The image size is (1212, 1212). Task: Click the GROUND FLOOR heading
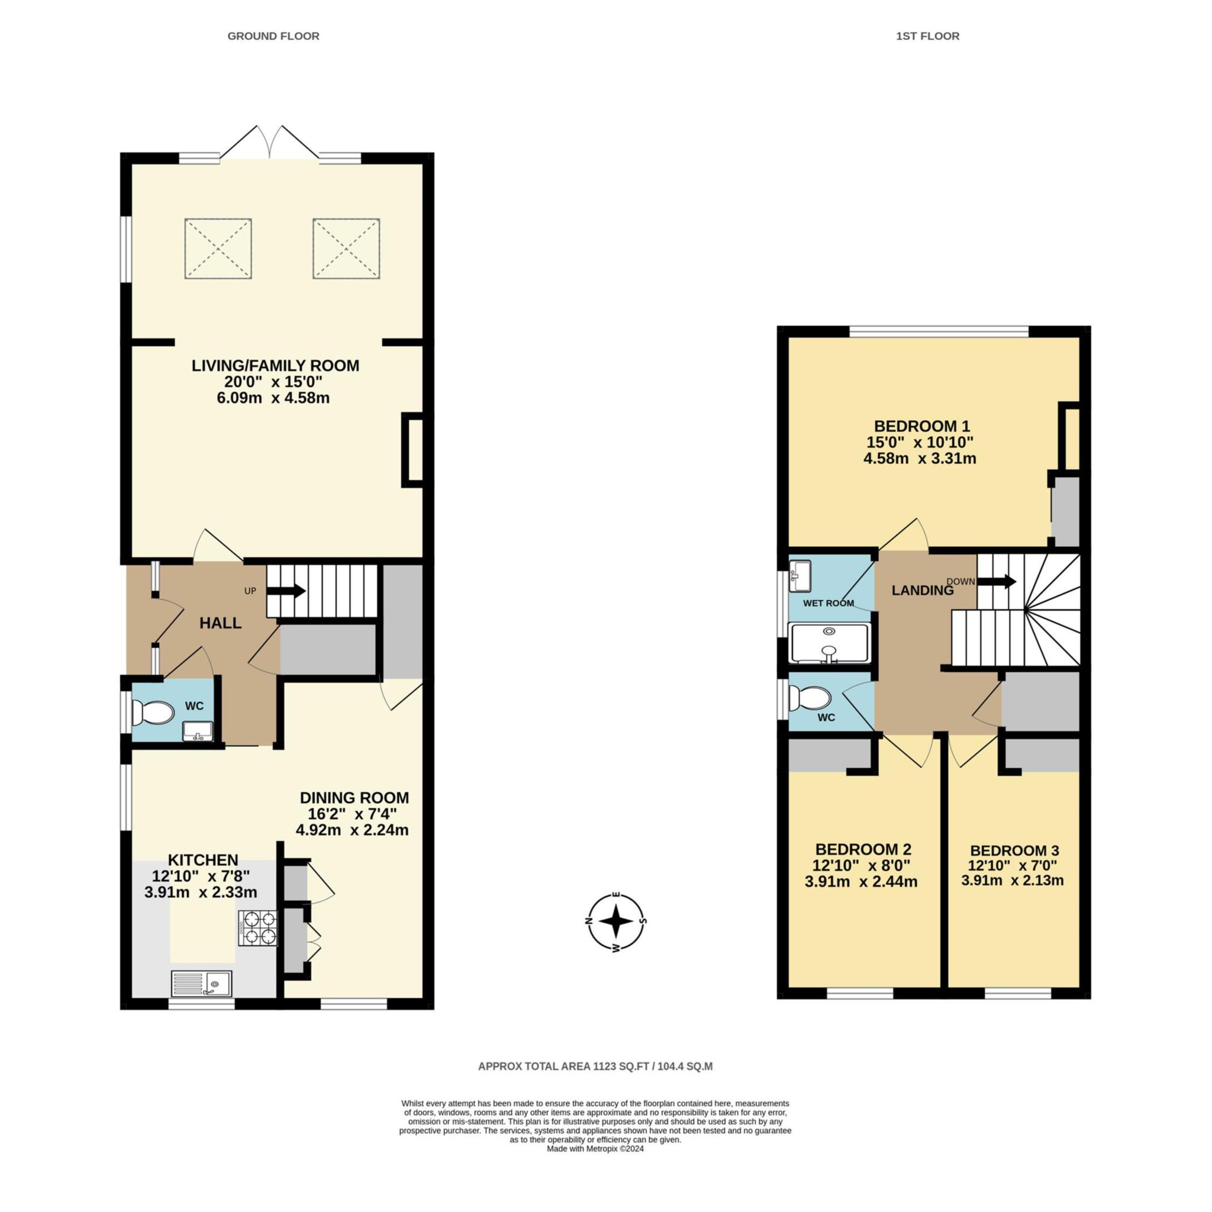[x=273, y=36]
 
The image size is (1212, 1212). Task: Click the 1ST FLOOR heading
[x=927, y=36]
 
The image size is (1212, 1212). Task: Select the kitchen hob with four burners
[x=257, y=928]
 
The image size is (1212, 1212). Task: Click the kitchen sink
[x=201, y=984]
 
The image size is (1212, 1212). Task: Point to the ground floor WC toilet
[x=153, y=712]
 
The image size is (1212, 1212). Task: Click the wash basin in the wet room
[x=800, y=575]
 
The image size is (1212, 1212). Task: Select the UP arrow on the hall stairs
[x=286, y=591]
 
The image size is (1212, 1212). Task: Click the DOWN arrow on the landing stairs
[x=997, y=582]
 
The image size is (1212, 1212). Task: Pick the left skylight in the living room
[x=218, y=249]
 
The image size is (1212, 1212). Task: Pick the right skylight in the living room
[x=346, y=249]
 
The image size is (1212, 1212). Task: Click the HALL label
[x=220, y=623]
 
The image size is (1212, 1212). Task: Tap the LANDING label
[x=923, y=590]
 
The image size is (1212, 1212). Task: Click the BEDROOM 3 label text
[x=1014, y=850]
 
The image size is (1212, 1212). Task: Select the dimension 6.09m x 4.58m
[x=273, y=398]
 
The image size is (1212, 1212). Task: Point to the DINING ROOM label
[x=354, y=798]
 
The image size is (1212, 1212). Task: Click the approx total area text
[x=595, y=1066]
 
